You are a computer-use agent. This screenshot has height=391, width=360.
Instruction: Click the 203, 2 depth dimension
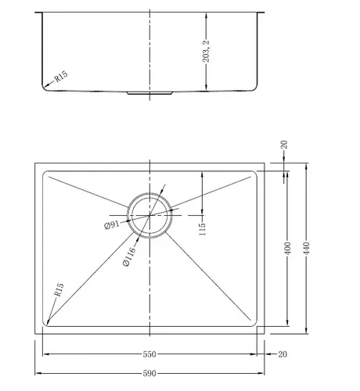(206, 52)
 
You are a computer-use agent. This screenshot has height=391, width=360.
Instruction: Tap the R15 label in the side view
(61, 77)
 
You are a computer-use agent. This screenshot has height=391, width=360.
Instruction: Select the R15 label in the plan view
(59, 289)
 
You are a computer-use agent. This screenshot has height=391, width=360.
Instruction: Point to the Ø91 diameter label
(112, 224)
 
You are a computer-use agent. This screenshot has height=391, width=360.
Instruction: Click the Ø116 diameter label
(129, 256)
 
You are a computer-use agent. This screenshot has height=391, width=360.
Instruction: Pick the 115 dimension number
(202, 229)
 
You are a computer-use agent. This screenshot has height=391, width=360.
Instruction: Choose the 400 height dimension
(287, 249)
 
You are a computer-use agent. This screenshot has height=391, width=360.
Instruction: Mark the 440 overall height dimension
(307, 249)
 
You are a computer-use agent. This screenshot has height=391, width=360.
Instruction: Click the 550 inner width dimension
(149, 354)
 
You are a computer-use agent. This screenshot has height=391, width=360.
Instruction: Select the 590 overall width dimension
(149, 374)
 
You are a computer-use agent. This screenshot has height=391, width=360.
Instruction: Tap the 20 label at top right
(284, 145)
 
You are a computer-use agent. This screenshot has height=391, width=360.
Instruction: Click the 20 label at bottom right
(283, 354)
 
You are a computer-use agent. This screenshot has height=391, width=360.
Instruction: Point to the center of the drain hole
(149, 215)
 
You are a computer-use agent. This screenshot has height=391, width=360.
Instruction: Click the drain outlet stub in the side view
(149, 93)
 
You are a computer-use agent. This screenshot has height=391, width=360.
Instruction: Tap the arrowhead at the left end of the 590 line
(38, 373)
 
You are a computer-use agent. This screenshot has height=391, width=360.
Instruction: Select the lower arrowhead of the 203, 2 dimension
(206, 87)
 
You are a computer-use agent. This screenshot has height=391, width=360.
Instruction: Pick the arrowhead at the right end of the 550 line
(254, 354)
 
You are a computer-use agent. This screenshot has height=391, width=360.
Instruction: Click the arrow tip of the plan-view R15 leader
(47, 325)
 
